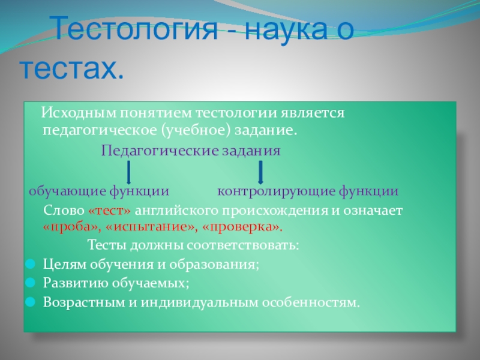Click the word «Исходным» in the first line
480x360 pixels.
coord(79,113)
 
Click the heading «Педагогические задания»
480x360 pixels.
coord(191,151)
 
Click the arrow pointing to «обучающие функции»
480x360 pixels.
coord(128,172)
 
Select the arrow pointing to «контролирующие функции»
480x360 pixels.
coord(260,172)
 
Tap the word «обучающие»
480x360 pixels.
coord(67,191)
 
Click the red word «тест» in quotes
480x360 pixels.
coord(110,211)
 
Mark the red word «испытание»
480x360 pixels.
coord(151,227)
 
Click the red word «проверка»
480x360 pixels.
coord(242,227)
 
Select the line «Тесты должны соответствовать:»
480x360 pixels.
coord(193,245)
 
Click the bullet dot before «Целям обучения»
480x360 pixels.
coord(31,264)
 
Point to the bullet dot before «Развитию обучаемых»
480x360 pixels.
coord(31,283)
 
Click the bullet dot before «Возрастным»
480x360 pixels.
coord(31,302)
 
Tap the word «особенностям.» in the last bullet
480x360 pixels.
coord(311,302)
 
